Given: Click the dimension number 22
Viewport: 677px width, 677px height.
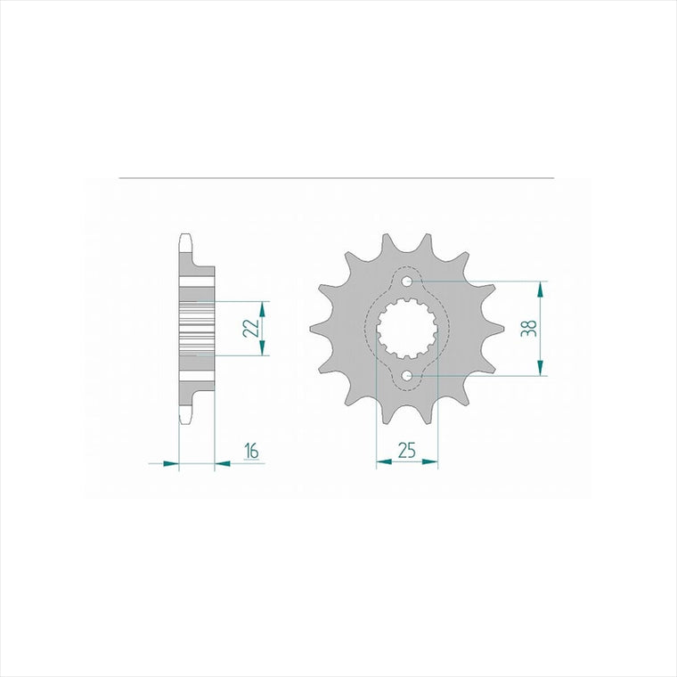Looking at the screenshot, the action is pyautogui.click(x=251, y=328).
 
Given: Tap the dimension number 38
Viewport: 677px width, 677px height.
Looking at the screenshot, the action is pyautogui.click(x=529, y=328).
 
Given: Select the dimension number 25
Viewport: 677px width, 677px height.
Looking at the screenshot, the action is pyautogui.click(x=406, y=451).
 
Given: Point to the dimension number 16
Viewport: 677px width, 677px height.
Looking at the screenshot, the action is pyautogui.click(x=251, y=451).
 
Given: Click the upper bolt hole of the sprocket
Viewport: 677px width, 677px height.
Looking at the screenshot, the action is pyautogui.click(x=407, y=281).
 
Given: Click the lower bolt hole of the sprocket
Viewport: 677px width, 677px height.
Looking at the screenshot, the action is pyautogui.click(x=407, y=376).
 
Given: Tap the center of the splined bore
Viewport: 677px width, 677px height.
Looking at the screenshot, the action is pyautogui.click(x=407, y=329).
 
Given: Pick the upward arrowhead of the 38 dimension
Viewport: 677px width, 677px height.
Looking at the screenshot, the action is pyautogui.click(x=540, y=290).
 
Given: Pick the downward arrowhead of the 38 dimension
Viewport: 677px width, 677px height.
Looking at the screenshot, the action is pyautogui.click(x=540, y=367).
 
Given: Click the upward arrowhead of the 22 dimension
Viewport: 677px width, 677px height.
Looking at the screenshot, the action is pyautogui.click(x=262, y=309).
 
